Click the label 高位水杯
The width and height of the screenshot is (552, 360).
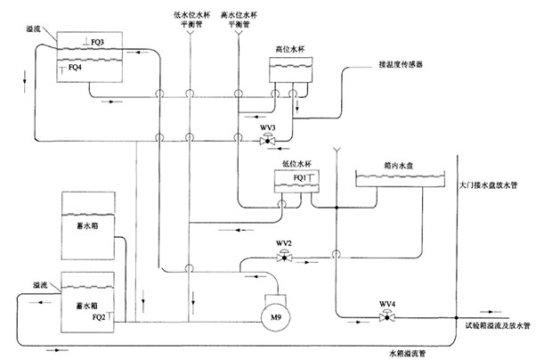point(291,50)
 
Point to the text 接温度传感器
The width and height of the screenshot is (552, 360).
point(402,66)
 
